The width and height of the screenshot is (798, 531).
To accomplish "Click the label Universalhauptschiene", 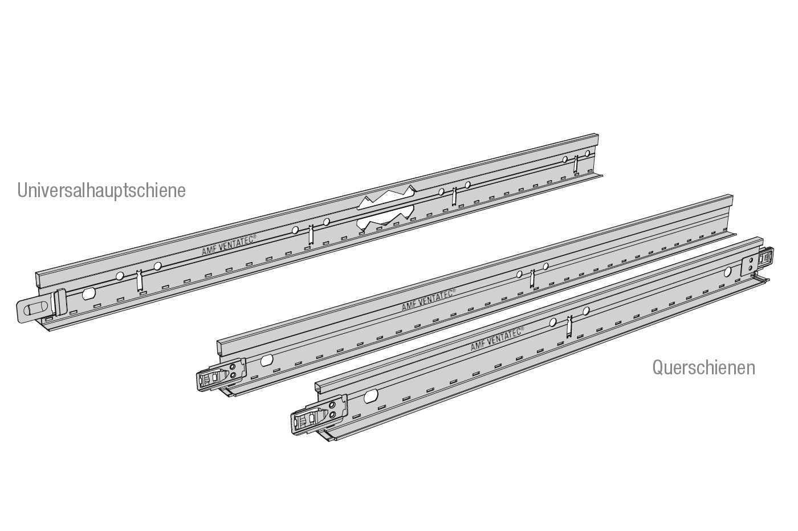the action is coord(101,191).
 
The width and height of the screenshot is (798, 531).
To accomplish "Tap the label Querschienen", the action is coord(703,367).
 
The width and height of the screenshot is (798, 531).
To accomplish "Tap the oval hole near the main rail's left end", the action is coord(88,294).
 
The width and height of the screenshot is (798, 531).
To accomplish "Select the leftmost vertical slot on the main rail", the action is coord(139,281).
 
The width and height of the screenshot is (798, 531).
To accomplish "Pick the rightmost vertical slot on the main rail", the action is coord(576,164).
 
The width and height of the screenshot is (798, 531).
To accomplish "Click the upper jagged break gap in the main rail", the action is coord(386,197).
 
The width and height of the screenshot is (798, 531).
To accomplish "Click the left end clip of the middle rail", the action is coord(221,375).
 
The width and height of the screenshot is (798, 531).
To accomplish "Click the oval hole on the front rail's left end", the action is coord(371,396).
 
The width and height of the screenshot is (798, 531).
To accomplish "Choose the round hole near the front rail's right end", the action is coord(727,272).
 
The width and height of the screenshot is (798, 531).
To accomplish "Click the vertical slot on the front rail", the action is coord(569,326).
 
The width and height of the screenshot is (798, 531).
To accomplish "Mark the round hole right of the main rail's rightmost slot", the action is coord(588,153).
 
